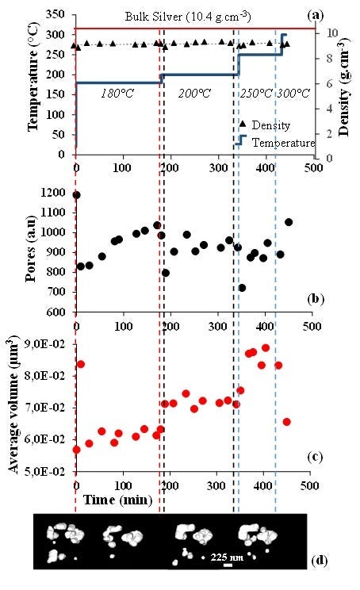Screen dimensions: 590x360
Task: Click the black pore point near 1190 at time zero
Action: point(76,194)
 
